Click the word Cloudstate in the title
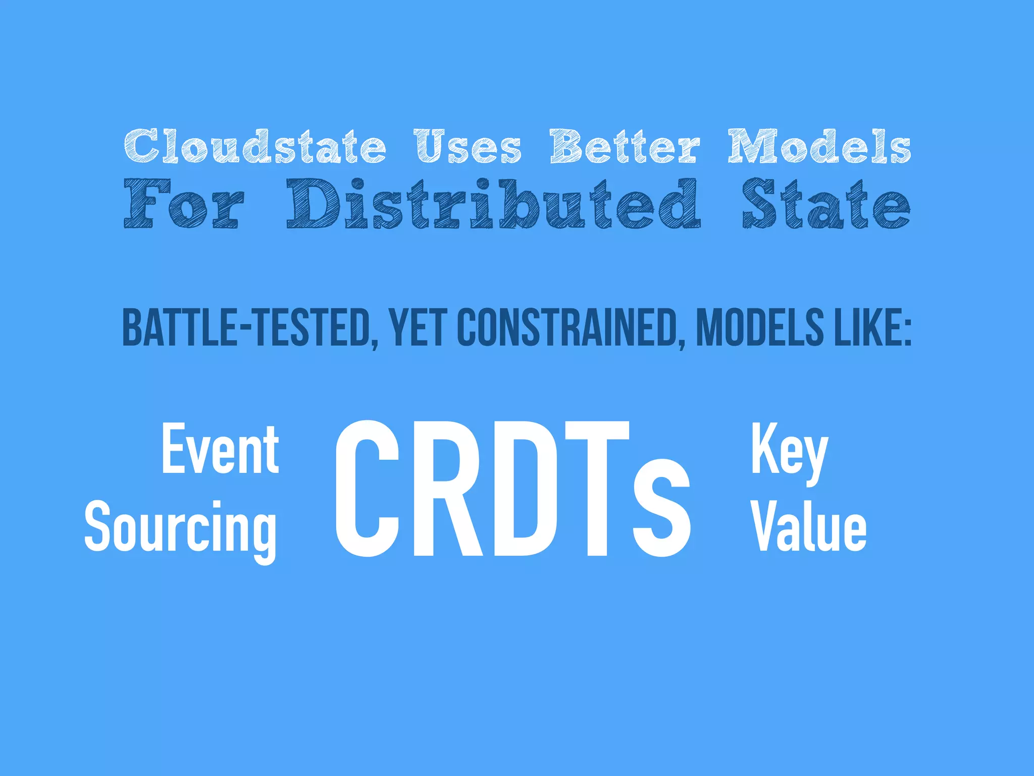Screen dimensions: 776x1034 255,146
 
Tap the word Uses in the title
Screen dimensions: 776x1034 468,147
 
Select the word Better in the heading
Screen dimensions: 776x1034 625,146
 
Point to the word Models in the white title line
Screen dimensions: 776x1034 819,146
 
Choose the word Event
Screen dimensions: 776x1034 220,449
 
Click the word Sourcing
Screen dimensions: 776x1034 181,528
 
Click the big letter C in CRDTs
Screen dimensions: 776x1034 367,489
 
